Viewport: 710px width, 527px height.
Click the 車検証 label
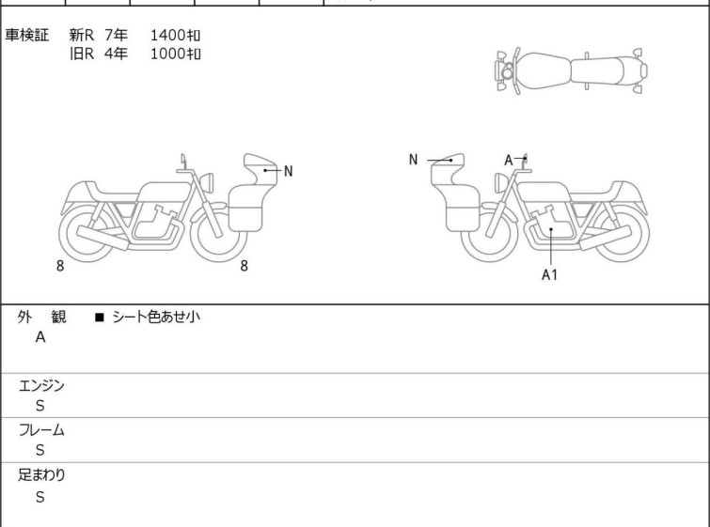[26, 35]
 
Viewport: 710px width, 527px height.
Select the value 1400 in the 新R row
[167, 35]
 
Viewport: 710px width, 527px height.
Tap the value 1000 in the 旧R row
[167, 54]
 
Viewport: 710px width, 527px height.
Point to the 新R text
[82, 35]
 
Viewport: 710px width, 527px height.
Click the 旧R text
[82, 54]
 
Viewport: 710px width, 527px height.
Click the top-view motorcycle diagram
[572, 71]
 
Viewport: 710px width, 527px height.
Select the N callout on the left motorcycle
[288, 172]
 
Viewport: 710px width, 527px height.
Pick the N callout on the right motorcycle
[413, 160]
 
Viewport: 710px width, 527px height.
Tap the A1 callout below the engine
[549, 274]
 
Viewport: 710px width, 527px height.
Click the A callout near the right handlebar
[509, 160]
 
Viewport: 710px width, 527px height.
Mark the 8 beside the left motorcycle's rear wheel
[60, 266]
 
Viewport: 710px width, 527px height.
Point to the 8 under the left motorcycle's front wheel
[245, 266]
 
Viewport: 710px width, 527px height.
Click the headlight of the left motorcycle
[207, 182]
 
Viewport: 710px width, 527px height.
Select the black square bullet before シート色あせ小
[100, 318]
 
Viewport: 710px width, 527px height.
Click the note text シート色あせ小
[156, 317]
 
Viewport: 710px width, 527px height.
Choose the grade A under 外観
[40, 337]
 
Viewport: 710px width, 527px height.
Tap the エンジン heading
[41, 385]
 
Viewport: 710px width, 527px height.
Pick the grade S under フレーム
[40, 450]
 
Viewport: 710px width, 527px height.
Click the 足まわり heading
[41, 474]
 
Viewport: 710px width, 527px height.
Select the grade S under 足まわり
[40, 497]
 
